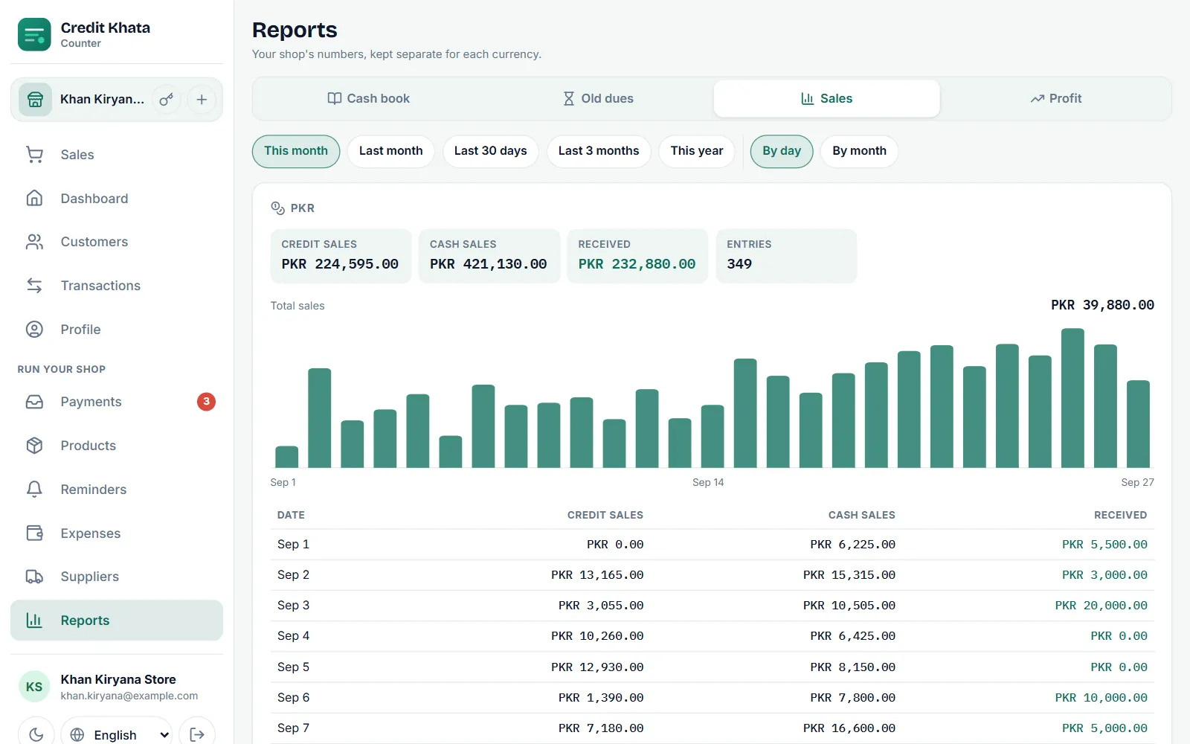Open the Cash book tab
pyautogui.click(x=369, y=98)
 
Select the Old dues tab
pyautogui.click(x=598, y=98)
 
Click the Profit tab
pyautogui.click(x=1055, y=98)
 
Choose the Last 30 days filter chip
pyautogui.click(x=490, y=151)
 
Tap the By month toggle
pyautogui.click(x=859, y=151)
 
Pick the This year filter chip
pyautogui.click(x=696, y=151)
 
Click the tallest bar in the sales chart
pyautogui.click(x=1072, y=398)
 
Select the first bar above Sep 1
pyautogui.click(x=287, y=457)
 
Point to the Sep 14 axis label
pyautogui.click(x=707, y=482)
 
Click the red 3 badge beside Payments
pyautogui.click(x=206, y=401)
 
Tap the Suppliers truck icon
pyautogui.click(x=34, y=577)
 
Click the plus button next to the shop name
pyautogui.click(x=202, y=100)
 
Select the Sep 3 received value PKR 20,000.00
pyautogui.click(x=1101, y=606)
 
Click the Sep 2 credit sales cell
pyautogui.click(x=597, y=575)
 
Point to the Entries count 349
pyautogui.click(x=739, y=264)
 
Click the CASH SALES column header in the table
pyautogui.click(x=862, y=515)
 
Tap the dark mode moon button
pyautogui.click(x=36, y=734)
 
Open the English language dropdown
pyautogui.click(x=116, y=734)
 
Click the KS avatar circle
pyautogui.click(x=34, y=687)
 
